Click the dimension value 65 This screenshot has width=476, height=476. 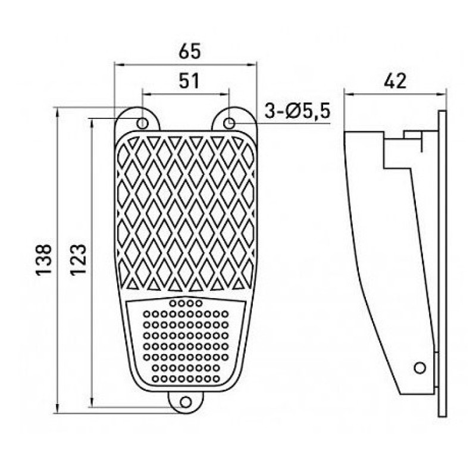tap(190, 51)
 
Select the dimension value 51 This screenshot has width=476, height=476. tap(189, 81)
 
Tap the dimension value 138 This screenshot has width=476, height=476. tap(44, 259)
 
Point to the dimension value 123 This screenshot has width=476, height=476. tap(79, 259)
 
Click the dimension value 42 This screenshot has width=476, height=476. tap(395, 81)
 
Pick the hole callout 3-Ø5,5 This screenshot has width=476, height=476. tap(297, 111)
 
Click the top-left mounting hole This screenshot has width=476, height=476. tap(142, 123)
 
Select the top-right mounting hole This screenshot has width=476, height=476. tap(229, 123)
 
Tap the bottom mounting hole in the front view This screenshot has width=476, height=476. tap(186, 402)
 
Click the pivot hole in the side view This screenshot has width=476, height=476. tap(420, 368)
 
